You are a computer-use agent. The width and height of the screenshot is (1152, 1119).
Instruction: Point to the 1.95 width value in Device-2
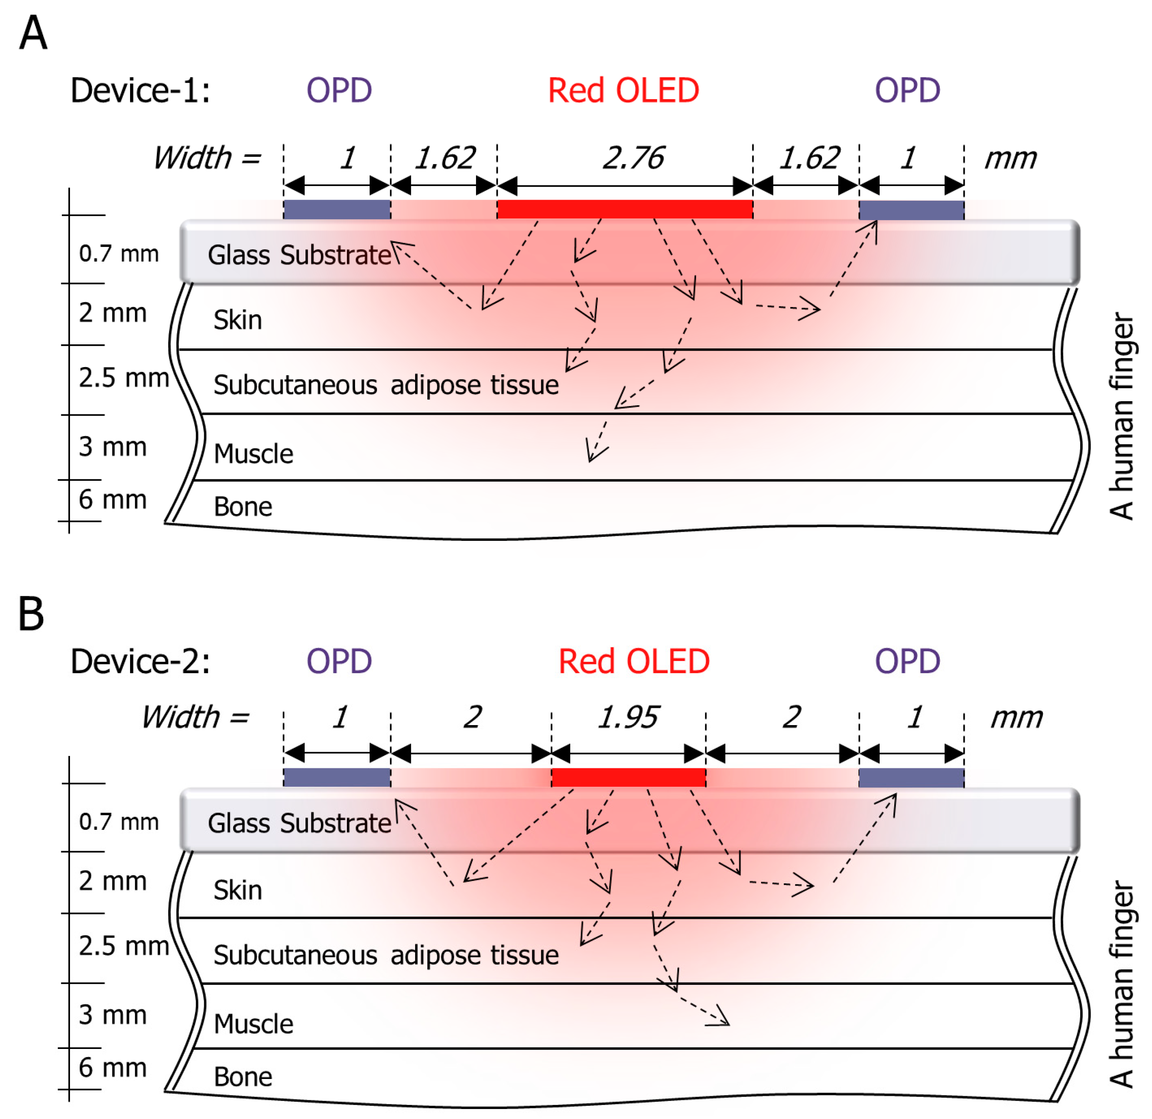628,717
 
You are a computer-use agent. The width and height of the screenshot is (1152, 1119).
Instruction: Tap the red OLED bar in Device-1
625,209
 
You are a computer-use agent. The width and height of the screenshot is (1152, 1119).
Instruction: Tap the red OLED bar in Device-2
628,777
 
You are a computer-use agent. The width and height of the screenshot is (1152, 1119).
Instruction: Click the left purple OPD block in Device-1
337,209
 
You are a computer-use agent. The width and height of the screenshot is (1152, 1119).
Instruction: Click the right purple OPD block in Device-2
911,777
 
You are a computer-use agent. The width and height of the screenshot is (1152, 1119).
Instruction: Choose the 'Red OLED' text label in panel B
634,661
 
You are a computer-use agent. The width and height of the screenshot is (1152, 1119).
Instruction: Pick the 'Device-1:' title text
140,91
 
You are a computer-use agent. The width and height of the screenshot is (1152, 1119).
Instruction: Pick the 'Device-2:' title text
140,661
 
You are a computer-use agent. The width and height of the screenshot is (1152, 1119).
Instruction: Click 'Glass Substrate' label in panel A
299,255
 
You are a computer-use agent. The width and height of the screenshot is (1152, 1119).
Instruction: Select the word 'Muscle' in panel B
253,1024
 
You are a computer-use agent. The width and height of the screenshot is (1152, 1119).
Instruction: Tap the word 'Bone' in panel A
243,507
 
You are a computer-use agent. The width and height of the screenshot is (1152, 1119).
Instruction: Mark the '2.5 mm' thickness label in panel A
124,378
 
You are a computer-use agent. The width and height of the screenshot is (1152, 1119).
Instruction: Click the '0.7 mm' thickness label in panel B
119,822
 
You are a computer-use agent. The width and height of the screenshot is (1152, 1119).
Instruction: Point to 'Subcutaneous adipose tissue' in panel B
386,955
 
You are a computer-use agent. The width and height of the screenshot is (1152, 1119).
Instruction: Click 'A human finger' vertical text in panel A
1122,416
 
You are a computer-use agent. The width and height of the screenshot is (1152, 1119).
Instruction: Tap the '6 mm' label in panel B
112,1067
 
